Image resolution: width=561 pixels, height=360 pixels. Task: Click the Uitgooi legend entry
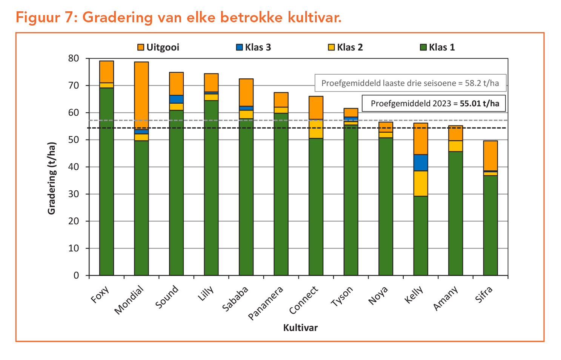(x=158, y=47)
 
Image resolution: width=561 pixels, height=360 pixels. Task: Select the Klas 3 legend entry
(x=254, y=47)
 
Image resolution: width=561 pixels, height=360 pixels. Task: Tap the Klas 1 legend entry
(x=437, y=47)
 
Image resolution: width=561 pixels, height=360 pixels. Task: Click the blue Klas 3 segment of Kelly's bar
(x=421, y=162)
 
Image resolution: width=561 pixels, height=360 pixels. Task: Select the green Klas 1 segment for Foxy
(x=106, y=181)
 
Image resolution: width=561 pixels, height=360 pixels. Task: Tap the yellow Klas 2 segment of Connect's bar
(x=316, y=129)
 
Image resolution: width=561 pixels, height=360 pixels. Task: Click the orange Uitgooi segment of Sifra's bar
(x=490, y=155)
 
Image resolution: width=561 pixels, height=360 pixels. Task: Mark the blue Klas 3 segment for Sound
(x=176, y=99)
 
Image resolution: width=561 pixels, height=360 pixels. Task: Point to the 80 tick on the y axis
(x=74, y=58)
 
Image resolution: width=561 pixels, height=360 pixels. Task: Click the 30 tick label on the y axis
(x=74, y=194)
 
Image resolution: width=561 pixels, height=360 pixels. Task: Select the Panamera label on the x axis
(x=266, y=303)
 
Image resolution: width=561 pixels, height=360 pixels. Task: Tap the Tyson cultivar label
(x=342, y=296)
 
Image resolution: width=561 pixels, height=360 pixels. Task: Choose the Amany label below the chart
(x=446, y=298)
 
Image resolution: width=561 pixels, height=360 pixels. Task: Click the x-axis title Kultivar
(x=300, y=328)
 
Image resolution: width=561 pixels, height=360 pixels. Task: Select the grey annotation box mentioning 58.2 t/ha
(x=410, y=83)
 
